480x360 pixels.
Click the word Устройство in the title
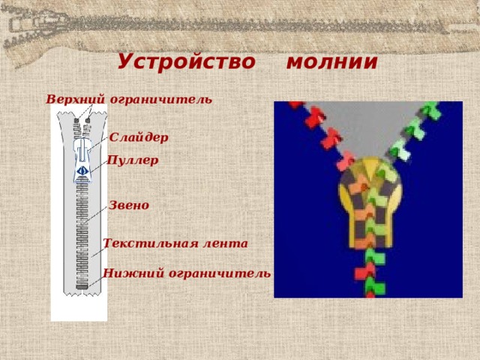[186, 61]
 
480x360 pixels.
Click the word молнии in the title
[331, 61]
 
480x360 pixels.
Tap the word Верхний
[76, 99]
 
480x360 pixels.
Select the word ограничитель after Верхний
[161, 99]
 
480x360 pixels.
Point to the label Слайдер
[139, 137]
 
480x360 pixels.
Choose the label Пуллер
[133, 160]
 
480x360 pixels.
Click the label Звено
[129, 205]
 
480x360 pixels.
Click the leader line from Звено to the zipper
[97, 214]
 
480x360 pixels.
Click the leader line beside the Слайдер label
[99, 142]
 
